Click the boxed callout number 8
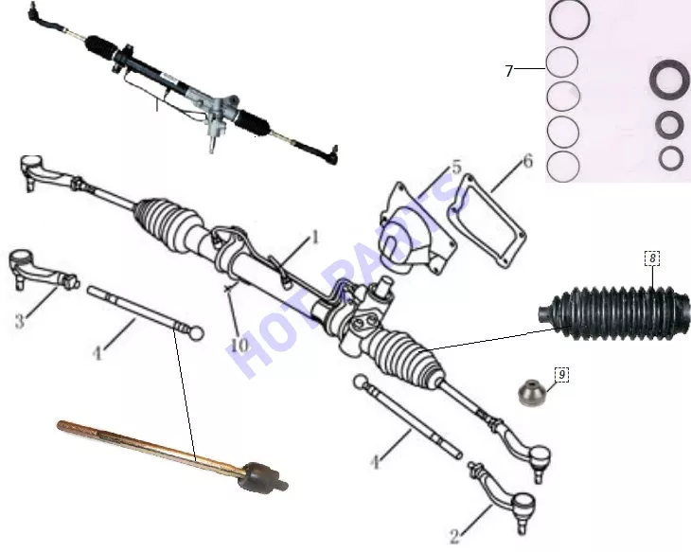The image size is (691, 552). pyautogui.click(x=652, y=258)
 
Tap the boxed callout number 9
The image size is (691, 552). pyautogui.click(x=562, y=375)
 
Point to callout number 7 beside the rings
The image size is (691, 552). pyautogui.click(x=509, y=71)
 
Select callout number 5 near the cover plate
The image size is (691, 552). pyautogui.click(x=456, y=167)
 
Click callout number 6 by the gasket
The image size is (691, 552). pyautogui.click(x=527, y=161)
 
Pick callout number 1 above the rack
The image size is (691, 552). pyautogui.click(x=314, y=238)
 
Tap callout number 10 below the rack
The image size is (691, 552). pyautogui.click(x=239, y=345)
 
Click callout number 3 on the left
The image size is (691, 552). pyautogui.click(x=19, y=321)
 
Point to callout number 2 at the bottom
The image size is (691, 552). pyautogui.click(x=454, y=536)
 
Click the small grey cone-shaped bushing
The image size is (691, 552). pyautogui.click(x=531, y=392)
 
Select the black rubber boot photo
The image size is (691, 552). pyautogui.click(x=614, y=314)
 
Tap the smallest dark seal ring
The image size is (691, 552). pyautogui.click(x=671, y=158)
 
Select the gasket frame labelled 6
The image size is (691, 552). pyautogui.click(x=487, y=221)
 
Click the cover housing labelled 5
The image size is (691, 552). pyautogui.click(x=416, y=229)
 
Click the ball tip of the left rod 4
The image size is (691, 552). pyautogui.click(x=196, y=333)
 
